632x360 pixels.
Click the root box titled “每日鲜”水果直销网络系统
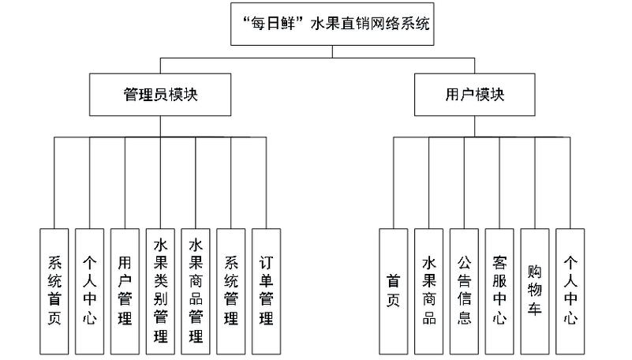(x=331, y=24)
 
